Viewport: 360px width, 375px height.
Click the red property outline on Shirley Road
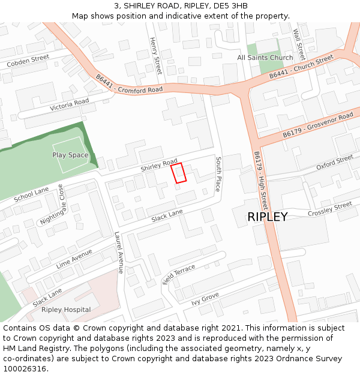click(x=179, y=173)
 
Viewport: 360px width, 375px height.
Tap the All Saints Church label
click(x=265, y=58)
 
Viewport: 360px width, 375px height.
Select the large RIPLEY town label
click(x=267, y=217)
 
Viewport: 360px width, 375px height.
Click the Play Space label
click(x=70, y=155)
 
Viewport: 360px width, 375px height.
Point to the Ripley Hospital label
click(x=66, y=310)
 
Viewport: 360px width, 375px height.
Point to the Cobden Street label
click(x=28, y=61)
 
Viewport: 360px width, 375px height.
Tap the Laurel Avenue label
click(x=119, y=253)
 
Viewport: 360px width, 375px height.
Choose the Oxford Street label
click(x=335, y=162)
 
